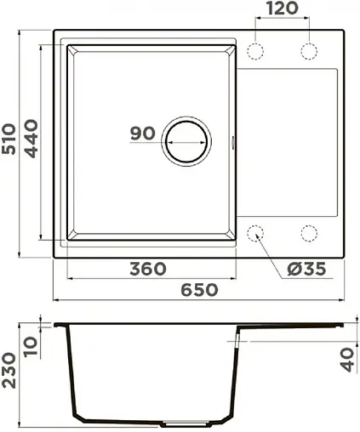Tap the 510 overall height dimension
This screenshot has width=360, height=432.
[10, 140]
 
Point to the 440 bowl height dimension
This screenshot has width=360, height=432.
[31, 140]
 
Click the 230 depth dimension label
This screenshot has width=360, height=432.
[10, 372]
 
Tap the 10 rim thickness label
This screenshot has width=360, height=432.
[32, 345]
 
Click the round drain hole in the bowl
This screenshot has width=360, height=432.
[185, 139]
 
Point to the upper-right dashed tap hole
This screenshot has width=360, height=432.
[307, 50]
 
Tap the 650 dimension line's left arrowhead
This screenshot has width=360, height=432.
[56, 299]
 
